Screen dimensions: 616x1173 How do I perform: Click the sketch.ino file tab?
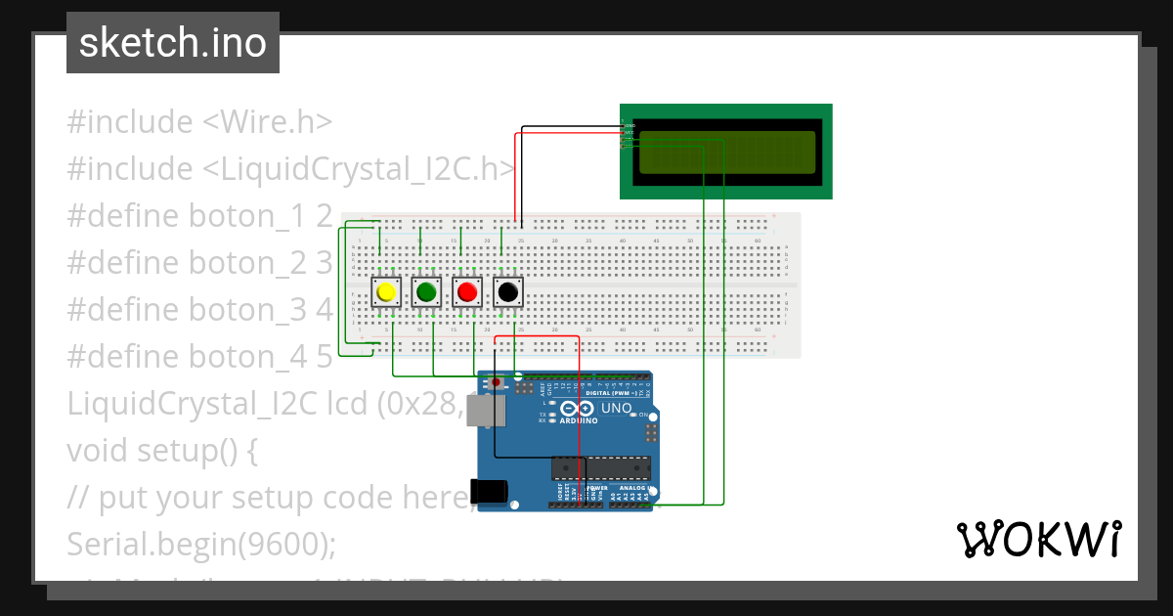(x=173, y=43)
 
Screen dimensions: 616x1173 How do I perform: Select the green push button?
(x=426, y=291)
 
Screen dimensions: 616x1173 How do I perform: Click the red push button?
(x=467, y=291)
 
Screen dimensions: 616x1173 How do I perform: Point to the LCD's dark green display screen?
(x=726, y=153)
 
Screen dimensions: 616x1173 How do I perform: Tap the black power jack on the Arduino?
(x=489, y=491)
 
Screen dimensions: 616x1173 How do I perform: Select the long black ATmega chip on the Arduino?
(x=600, y=469)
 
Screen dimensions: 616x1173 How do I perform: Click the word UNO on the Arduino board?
(x=616, y=408)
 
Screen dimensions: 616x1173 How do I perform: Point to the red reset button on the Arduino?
(x=497, y=381)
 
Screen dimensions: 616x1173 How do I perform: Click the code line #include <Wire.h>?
(x=199, y=122)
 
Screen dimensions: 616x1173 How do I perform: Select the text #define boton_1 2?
(x=199, y=216)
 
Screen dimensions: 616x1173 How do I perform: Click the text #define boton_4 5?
(x=199, y=356)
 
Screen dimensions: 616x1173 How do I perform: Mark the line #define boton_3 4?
(x=199, y=309)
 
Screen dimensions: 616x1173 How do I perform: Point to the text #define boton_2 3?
(x=199, y=262)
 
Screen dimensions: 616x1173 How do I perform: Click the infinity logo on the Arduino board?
(x=579, y=409)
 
